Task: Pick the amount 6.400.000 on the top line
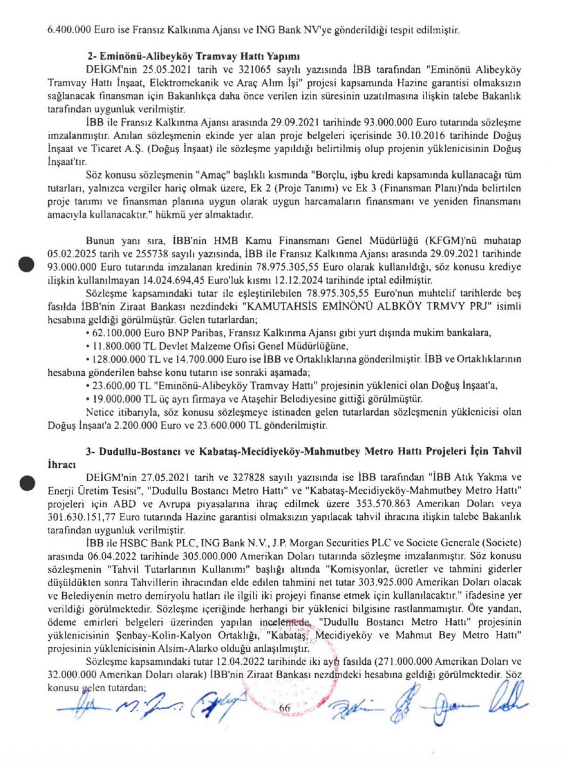point(70,29)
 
